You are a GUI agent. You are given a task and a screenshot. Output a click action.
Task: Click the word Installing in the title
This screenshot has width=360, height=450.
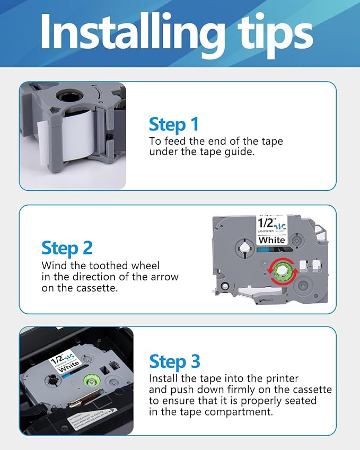[x=129, y=33]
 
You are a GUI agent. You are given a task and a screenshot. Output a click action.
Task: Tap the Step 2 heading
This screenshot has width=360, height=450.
[x=67, y=248]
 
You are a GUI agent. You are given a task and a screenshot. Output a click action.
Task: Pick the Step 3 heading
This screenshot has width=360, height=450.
[x=174, y=361]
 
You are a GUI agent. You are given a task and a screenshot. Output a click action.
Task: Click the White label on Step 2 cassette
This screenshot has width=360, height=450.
[x=271, y=240]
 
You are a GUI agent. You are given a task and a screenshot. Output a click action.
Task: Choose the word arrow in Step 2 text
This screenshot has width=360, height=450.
[x=164, y=277]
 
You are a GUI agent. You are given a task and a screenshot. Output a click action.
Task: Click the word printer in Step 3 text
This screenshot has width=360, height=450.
[x=280, y=378]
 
